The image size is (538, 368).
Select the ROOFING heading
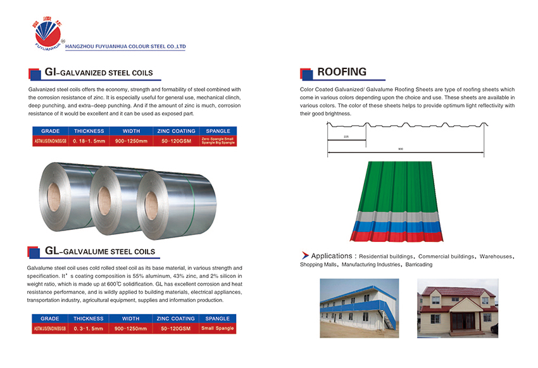[341, 72]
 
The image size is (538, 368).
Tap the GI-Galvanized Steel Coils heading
[99, 73]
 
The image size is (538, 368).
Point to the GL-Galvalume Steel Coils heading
[100, 251]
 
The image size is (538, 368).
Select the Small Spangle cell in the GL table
[217, 328]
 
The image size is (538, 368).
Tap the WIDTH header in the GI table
[130, 131]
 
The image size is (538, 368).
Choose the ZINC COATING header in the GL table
[175, 319]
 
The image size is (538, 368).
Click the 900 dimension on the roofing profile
[400, 149]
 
